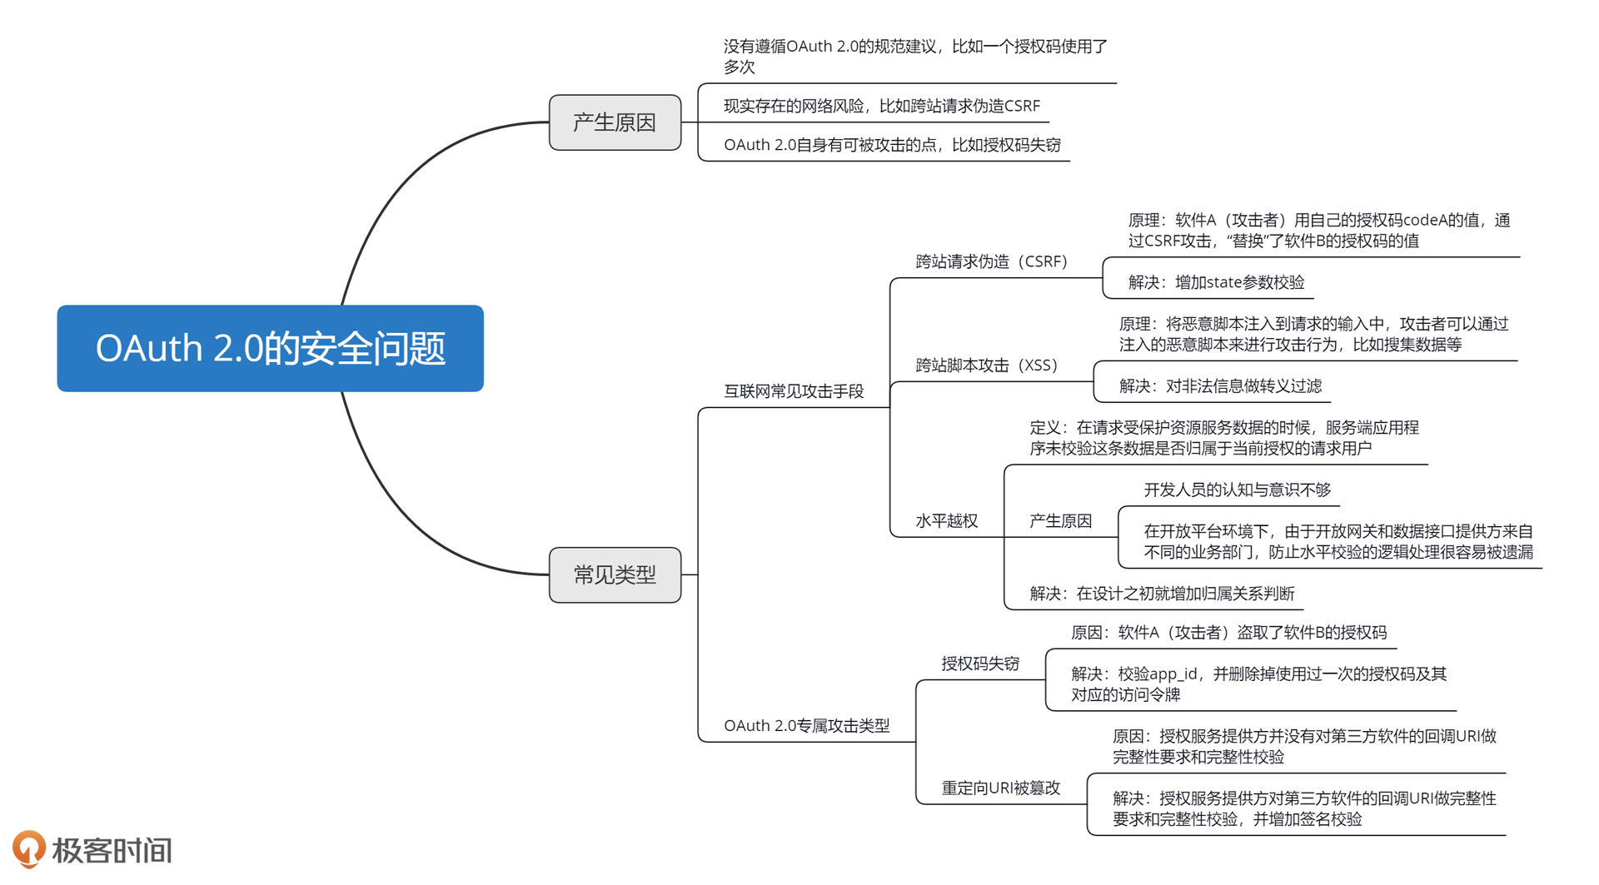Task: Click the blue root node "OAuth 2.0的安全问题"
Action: coord(270,348)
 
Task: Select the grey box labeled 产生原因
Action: coord(615,122)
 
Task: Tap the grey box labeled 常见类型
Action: coord(615,574)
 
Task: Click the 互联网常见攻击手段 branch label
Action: coord(793,391)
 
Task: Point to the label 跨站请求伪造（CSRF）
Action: coord(991,261)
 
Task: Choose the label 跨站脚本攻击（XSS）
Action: coord(986,365)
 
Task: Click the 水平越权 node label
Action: coord(946,521)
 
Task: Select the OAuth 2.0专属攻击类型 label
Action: coord(806,726)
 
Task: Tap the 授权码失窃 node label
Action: coord(980,664)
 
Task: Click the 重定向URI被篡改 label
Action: coord(1000,788)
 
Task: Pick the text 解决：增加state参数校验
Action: coord(1215,282)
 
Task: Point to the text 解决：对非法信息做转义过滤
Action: coord(1219,386)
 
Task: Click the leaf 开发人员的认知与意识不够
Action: coord(1237,490)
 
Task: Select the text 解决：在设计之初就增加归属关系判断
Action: coord(1161,594)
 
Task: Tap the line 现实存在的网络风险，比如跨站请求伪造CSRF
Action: coord(881,106)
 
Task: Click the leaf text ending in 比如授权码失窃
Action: coord(891,145)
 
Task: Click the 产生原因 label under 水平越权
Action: coord(1060,521)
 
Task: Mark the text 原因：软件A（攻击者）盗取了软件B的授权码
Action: coord(1228,633)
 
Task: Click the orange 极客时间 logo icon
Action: coord(29,848)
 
